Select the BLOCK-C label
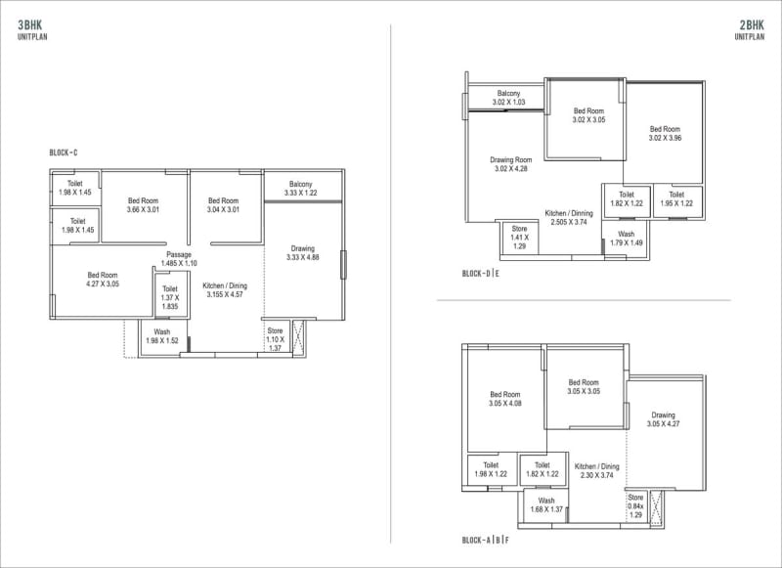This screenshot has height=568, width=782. pyautogui.click(x=64, y=153)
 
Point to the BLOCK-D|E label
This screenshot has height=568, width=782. pyautogui.click(x=481, y=274)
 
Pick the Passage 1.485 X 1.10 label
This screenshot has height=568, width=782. pyautogui.click(x=179, y=259)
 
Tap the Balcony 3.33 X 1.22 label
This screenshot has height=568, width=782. pyautogui.click(x=300, y=189)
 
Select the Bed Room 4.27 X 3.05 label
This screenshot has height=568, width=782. pyautogui.click(x=103, y=280)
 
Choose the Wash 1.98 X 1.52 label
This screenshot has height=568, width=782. pyautogui.click(x=161, y=336)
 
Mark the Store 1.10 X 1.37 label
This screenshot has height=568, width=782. pyautogui.click(x=276, y=339)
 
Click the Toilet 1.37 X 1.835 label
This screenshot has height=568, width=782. pyautogui.click(x=169, y=297)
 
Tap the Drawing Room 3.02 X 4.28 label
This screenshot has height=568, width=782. pyautogui.click(x=511, y=164)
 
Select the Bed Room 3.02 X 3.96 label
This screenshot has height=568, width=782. pyautogui.click(x=665, y=134)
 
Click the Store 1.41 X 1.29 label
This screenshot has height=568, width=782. pyautogui.click(x=519, y=237)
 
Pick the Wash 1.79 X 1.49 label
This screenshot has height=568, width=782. pyautogui.click(x=627, y=239)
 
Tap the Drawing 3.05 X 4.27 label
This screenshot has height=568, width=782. pyautogui.click(x=663, y=420)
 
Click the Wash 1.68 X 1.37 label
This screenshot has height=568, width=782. pyautogui.click(x=546, y=504)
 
